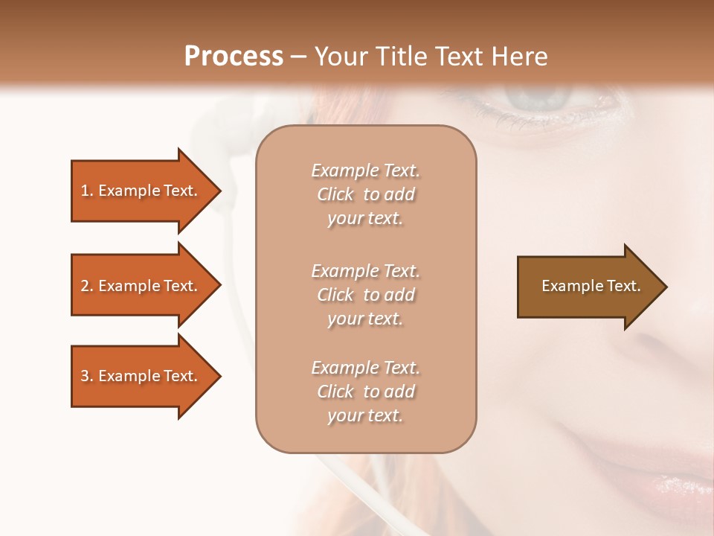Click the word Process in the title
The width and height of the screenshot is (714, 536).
click(x=234, y=57)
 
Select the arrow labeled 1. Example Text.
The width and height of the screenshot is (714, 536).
click(x=141, y=191)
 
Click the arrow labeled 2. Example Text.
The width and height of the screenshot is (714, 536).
click(x=141, y=286)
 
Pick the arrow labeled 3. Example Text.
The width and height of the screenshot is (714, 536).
click(x=141, y=376)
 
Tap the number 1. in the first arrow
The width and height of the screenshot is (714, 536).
click(x=86, y=191)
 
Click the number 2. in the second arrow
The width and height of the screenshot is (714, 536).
click(x=86, y=286)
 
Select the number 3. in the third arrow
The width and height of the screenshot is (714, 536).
click(x=86, y=376)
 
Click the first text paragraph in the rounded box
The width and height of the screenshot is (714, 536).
click(x=366, y=194)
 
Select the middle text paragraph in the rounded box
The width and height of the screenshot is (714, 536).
click(x=366, y=295)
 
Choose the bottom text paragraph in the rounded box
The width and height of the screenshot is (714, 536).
click(x=366, y=392)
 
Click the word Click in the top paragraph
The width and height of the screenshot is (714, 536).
click(x=335, y=194)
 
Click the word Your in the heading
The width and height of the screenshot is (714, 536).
click(x=339, y=57)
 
